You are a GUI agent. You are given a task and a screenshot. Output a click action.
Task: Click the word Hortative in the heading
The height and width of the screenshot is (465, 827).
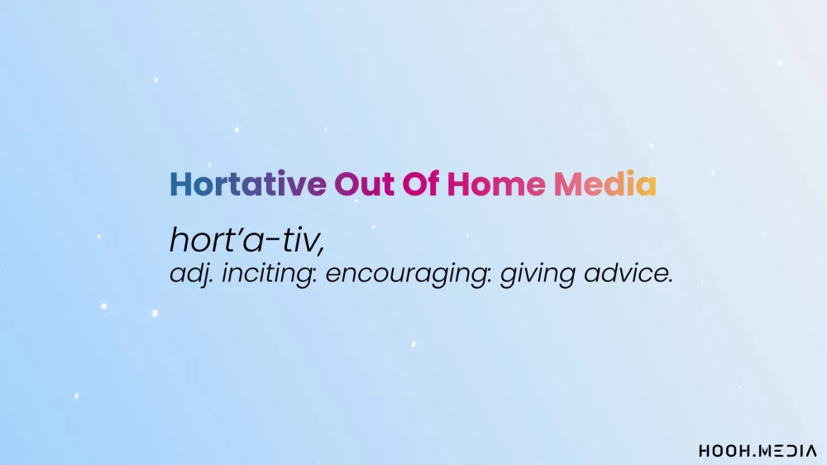click(248, 184)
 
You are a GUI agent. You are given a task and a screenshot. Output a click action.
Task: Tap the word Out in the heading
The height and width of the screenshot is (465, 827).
click(365, 184)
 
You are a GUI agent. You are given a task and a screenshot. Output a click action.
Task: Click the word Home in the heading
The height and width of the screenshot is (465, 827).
click(496, 184)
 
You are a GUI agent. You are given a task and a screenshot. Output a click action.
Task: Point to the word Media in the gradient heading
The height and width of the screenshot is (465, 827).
click(605, 184)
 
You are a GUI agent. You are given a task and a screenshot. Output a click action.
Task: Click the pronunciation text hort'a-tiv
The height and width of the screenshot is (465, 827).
click(246, 240)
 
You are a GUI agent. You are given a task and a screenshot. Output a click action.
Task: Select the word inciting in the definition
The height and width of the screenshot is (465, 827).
click(267, 274)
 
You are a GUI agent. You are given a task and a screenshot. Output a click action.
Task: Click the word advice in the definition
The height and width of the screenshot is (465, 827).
click(624, 273)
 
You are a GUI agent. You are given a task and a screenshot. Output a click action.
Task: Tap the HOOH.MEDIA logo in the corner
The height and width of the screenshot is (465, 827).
click(758, 451)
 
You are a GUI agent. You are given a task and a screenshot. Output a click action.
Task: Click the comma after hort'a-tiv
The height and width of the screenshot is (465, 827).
click(321, 250)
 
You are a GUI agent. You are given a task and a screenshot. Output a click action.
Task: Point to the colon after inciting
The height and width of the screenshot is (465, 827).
click(315, 276)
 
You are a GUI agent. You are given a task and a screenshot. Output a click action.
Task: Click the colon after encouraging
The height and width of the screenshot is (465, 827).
click(490, 276)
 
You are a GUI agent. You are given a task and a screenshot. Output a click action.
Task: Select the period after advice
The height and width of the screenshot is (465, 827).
click(671, 282)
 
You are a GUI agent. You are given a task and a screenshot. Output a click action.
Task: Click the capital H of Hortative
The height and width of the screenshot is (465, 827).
click(180, 184)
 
